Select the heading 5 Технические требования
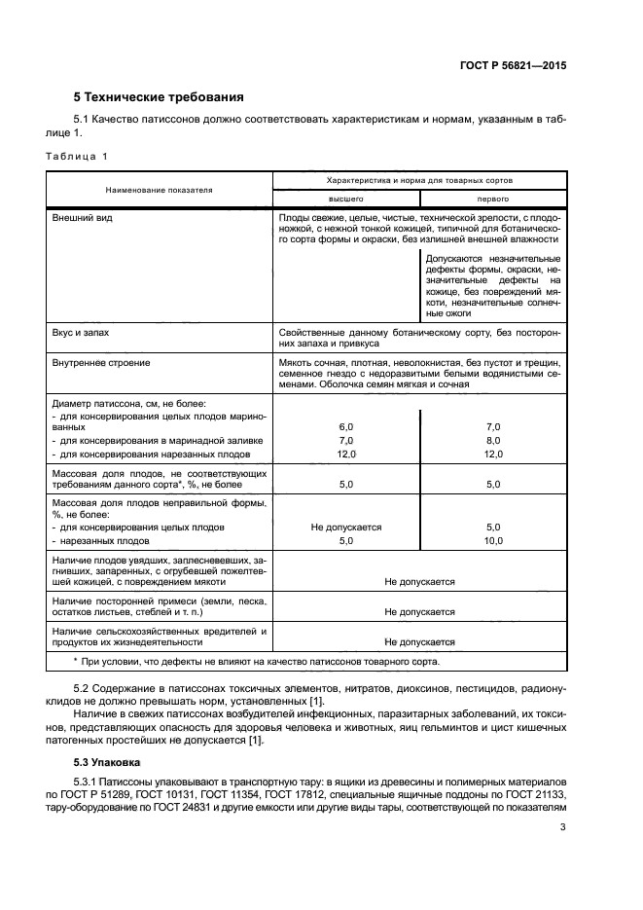pyautogui.click(x=159, y=97)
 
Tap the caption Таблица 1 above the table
pyautogui.click(x=77, y=156)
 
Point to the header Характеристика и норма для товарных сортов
pyautogui.click(x=419, y=180)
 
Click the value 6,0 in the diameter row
pyautogui.click(x=345, y=427)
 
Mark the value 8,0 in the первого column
pyautogui.click(x=492, y=441)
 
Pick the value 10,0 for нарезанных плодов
pyautogui.click(x=492, y=540)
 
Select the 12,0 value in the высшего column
pyautogui.click(x=345, y=455)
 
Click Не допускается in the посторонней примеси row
pyautogui.click(x=419, y=612)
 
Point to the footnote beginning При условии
pyautogui.click(x=257, y=662)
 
